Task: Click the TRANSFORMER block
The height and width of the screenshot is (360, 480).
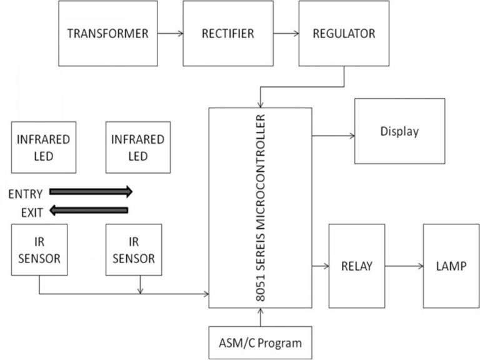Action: tap(108, 33)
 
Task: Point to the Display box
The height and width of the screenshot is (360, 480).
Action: tap(399, 131)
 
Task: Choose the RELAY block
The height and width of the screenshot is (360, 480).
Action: tap(356, 266)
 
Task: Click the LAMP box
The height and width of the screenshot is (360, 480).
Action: tap(450, 266)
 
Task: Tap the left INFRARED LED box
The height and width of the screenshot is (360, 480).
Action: tap(43, 147)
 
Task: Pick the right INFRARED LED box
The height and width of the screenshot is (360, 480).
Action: tap(137, 147)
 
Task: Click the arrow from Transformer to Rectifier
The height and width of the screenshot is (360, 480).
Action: tap(170, 33)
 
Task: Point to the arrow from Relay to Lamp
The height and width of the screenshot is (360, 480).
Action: tap(404, 266)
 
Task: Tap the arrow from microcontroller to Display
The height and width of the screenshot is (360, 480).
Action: tap(333, 134)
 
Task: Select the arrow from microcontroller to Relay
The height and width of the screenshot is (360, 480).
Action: tap(320, 266)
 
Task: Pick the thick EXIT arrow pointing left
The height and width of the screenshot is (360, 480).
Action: tap(89, 211)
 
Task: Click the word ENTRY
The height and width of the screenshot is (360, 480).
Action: tap(26, 194)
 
